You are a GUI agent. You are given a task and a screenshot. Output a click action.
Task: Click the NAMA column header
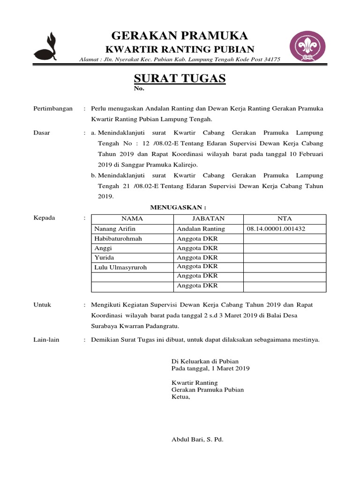pos(132,218)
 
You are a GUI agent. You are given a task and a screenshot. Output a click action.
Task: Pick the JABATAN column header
pos(208,218)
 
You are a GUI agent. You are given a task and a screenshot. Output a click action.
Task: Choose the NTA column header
pos(285,218)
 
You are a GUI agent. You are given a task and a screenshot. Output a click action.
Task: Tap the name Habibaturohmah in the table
pos(118,238)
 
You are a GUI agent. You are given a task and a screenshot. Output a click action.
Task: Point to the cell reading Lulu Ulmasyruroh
pos(120,267)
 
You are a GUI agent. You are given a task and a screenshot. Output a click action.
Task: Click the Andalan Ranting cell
pos(201,229)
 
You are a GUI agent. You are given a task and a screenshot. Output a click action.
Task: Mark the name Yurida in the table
pos(104,257)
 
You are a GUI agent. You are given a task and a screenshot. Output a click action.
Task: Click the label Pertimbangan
pos(53,108)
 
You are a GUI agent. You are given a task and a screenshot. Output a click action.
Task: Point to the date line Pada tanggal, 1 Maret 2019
pos(211,368)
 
